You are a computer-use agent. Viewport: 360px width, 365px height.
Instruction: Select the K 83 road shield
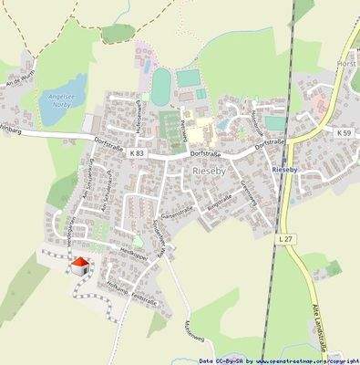point(137,153)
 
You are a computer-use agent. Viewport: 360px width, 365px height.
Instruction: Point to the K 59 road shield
point(344,134)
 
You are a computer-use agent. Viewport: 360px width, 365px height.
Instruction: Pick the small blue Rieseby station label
point(288,170)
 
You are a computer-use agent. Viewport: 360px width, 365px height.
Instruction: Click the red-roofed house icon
point(80,266)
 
